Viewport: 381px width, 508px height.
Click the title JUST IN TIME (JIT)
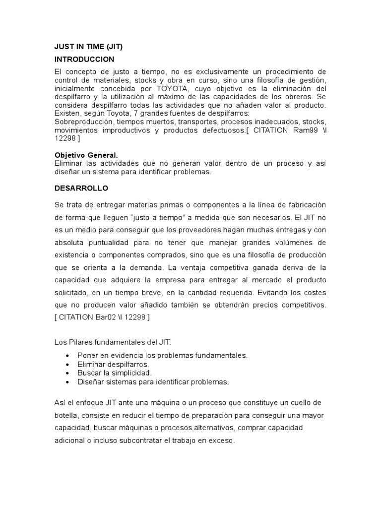pos(88,47)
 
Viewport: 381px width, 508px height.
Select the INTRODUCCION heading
pos(84,59)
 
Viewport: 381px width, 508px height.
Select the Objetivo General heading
pos(86,155)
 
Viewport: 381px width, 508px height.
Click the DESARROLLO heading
pos(81,189)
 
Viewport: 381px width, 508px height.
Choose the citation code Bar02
pos(106,317)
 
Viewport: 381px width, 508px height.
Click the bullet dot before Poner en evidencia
pos(67,356)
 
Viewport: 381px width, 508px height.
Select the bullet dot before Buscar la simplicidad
pos(67,373)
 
